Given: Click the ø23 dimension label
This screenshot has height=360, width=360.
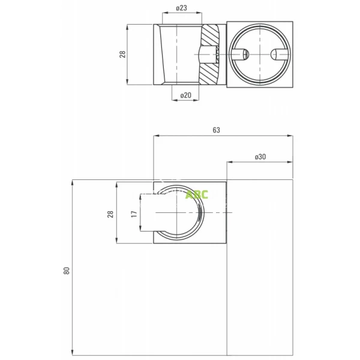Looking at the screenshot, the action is (181, 8).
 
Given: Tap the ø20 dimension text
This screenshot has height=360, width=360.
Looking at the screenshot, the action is (186, 95).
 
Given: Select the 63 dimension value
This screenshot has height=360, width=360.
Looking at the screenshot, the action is (216, 130).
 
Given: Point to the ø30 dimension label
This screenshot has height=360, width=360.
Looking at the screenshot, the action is (260, 157).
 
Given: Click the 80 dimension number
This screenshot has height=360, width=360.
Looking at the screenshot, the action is (67, 271).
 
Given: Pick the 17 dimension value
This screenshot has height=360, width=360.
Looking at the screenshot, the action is (134, 214).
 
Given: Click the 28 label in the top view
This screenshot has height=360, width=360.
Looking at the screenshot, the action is (122, 55).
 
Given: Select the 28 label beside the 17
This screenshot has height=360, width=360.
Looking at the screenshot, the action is (110, 214).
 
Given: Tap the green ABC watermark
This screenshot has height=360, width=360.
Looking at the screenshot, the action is (197, 194).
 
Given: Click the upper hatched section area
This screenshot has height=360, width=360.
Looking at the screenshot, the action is (210, 35).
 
